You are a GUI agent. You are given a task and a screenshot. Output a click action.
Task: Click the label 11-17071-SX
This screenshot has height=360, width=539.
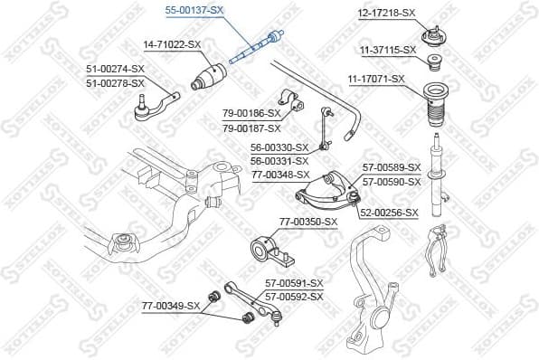[378, 80]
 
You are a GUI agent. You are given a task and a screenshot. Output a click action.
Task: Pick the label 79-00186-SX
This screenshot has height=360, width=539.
[252, 113]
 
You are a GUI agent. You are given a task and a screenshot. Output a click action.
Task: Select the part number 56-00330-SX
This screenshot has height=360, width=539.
[279, 147]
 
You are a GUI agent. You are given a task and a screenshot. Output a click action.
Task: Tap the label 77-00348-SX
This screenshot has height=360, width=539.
[279, 175]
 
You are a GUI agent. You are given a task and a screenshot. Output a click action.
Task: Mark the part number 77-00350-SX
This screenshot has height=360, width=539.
[307, 222]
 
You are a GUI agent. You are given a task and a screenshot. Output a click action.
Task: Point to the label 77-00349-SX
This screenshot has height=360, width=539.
[170, 307]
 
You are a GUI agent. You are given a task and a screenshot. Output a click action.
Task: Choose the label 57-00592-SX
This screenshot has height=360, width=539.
[294, 295]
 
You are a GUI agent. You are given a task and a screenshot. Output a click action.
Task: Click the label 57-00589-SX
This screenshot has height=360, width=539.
[392, 167]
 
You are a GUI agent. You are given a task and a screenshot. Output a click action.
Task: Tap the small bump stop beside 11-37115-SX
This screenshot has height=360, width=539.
[434, 62]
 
